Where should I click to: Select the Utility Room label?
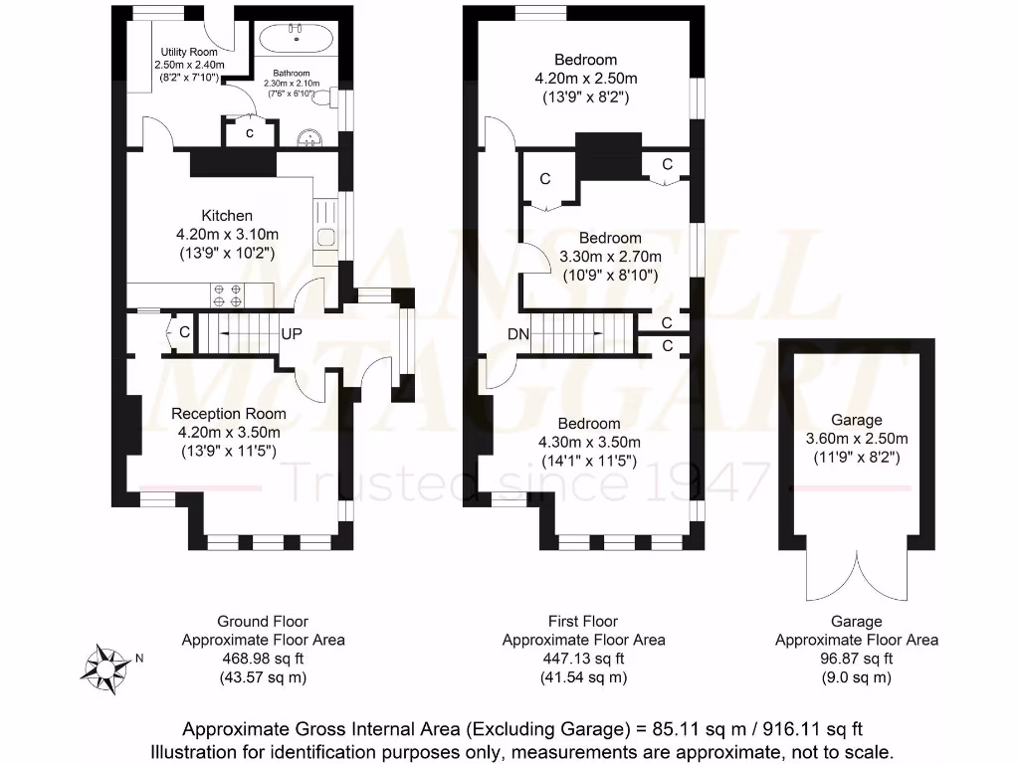189,51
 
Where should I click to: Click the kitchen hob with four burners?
227,294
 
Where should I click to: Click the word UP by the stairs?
292,333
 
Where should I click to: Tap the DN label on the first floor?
518,334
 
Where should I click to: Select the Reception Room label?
228,414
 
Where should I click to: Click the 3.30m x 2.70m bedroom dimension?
610,257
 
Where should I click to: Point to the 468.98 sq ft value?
263,659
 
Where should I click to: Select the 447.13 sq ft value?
583,659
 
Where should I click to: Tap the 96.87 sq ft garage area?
856,659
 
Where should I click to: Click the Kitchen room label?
227,216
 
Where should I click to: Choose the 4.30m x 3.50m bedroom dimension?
588,442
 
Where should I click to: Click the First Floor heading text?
583,622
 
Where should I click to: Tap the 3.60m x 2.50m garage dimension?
857,439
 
